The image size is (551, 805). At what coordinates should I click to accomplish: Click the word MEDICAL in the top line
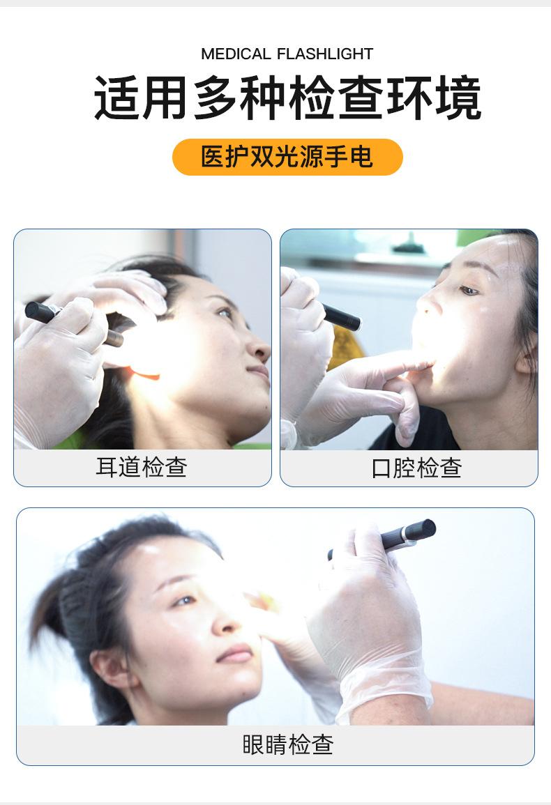tap(235, 54)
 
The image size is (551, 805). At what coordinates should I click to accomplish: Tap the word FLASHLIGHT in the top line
tap(324, 54)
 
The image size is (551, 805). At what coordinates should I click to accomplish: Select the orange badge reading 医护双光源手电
tap(287, 157)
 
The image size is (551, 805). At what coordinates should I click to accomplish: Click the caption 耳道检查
tap(142, 467)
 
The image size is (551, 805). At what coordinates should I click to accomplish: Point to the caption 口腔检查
tap(416, 468)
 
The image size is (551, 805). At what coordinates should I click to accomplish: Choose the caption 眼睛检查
tap(287, 744)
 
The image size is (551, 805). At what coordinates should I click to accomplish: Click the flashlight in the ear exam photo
tap(70, 323)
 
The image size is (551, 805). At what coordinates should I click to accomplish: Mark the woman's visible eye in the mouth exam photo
tap(469, 290)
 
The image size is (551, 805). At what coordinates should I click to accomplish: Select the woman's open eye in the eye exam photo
tap(182, 600)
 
